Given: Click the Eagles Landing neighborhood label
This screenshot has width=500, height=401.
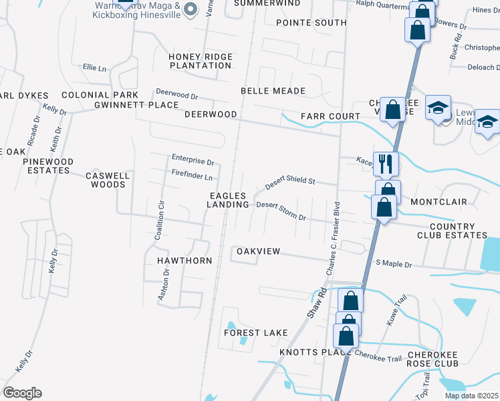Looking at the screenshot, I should point(227,200).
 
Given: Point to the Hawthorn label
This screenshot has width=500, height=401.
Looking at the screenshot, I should point(184,260).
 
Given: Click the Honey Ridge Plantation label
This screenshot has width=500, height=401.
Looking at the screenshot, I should point(200,61).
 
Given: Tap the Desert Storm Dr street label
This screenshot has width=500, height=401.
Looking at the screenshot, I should point(281,211).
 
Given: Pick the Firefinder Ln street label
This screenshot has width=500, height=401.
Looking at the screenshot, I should point(192,178).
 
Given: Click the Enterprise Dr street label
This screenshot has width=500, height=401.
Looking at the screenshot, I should point(193,162).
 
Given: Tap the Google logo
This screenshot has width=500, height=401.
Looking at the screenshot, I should point(21,393).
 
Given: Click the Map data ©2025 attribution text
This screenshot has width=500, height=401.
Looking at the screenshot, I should point(471,396).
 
